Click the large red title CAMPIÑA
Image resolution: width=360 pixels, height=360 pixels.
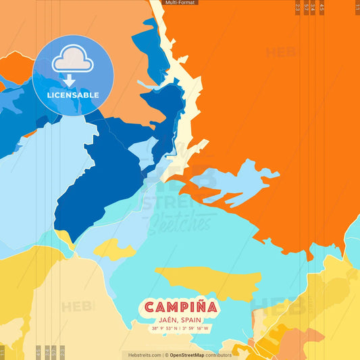(x=180, y=307)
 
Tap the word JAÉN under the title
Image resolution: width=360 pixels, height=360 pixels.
(x=168, y=319)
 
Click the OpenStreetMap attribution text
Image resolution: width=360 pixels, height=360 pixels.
(x=200, y=355)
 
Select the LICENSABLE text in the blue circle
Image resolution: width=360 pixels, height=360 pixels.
(x=72, y=95)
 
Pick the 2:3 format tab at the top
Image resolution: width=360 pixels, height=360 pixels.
(x=298, y=7)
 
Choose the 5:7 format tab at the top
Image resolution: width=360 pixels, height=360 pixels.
(x=306, y=7)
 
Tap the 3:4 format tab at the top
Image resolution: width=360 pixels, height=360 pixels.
(x=313, y=7)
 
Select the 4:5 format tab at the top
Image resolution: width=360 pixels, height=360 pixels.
(x=322, y=7)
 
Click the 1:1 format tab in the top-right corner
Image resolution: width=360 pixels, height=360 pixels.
(x=357, y=7)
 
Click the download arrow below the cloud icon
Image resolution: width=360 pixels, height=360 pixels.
(x=69, y=80)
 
